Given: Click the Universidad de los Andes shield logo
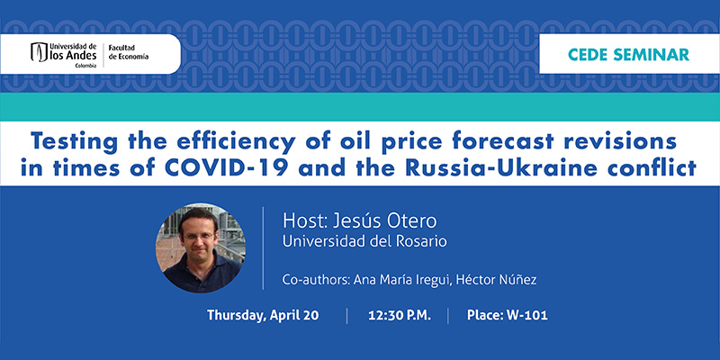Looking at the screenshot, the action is point(39,52).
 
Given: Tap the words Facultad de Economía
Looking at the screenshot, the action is point(128,52).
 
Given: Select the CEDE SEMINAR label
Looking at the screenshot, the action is point(628,54).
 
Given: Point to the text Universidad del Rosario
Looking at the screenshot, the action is point(364,241).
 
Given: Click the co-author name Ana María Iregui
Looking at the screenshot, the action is point(401,280).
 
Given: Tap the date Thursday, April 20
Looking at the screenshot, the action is point(263,316).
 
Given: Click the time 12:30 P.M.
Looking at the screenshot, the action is point(400,316).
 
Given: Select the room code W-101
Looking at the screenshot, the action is point(527,316).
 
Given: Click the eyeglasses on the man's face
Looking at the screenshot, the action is point(199,237).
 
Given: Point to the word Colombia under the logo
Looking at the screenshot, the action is point(85,66).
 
